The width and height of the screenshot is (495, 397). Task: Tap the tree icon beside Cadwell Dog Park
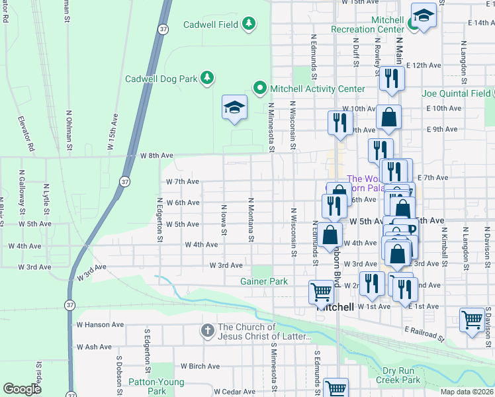(207, 78)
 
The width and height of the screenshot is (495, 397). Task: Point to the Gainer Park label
(263, 281)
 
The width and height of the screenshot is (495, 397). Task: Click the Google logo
(22, 389)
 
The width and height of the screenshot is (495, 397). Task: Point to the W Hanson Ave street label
(100, 325)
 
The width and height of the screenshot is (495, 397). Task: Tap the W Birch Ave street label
(199, 366)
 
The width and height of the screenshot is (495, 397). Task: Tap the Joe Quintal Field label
(456, 93)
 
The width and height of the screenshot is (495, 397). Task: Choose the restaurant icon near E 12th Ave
(391, 78)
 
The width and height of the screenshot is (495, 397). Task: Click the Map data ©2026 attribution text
(466, 392)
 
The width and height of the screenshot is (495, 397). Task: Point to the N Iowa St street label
(224, 221)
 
